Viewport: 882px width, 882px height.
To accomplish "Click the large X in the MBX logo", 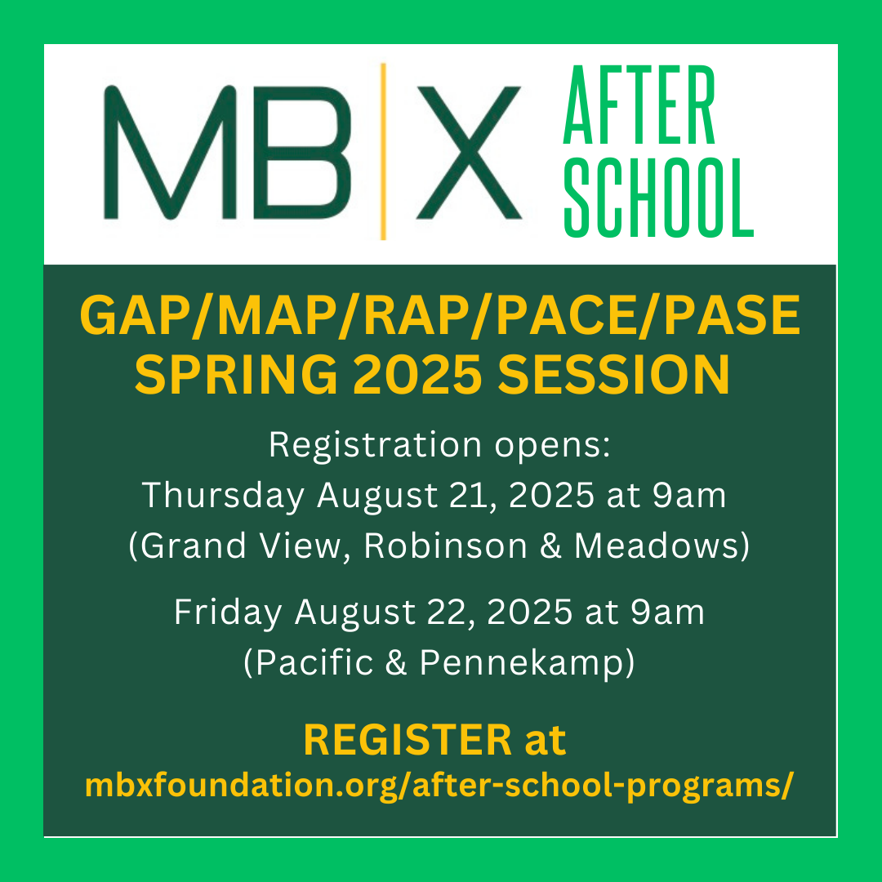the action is point(469,153).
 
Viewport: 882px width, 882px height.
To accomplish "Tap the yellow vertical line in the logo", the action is point(383,151).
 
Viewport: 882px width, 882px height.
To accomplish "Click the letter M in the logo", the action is point(170,153).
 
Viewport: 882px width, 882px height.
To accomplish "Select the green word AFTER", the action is point(639,105).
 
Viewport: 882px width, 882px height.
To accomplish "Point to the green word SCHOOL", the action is point(659,198).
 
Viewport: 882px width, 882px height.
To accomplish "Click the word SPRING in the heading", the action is point(236,375).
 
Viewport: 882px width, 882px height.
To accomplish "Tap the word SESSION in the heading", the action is point(613,375).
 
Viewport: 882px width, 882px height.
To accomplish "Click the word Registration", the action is point(375,445).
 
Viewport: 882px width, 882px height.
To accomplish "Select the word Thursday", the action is point(223,496).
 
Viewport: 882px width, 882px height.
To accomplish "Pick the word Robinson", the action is point(445,546).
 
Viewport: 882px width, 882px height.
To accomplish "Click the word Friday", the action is point(228,612).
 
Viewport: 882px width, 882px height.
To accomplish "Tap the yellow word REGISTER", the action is point(408,740).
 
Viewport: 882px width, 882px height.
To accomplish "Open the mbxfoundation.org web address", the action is point(439,786).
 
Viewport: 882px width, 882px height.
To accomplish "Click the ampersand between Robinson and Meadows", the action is point(550,546).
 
